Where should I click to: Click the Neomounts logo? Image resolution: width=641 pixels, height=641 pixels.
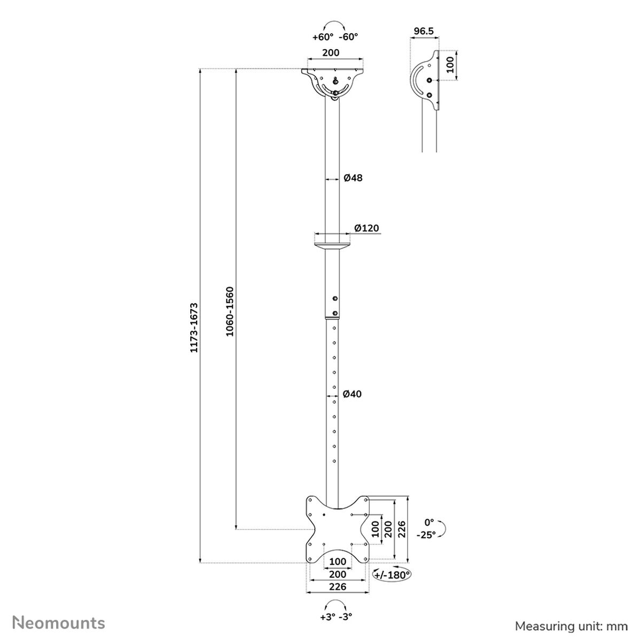[59, 622]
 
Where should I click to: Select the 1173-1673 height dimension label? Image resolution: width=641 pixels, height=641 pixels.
[194, 327]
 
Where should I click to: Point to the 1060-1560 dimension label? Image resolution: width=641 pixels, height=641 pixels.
[229, 311]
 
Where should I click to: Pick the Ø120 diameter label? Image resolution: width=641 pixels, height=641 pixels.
[366, 228]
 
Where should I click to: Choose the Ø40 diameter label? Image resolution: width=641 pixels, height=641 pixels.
[353, 394]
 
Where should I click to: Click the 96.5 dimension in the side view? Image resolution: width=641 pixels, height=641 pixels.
[424, 32]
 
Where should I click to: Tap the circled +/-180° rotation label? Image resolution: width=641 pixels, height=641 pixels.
[392, 575]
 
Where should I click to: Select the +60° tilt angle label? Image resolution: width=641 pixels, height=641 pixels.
[323, 37]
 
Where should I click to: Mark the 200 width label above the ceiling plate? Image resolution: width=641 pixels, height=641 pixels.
[332, 53]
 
